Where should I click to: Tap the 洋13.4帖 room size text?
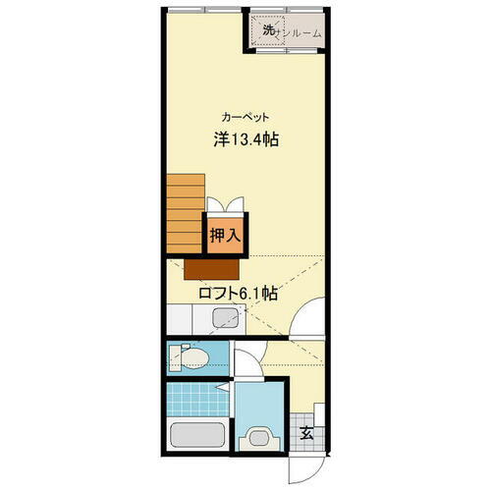246,139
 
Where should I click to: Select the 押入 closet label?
226,236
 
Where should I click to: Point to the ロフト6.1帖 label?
237,294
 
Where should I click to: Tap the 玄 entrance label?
306,432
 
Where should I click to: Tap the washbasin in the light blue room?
261,438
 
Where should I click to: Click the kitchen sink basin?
225,319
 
